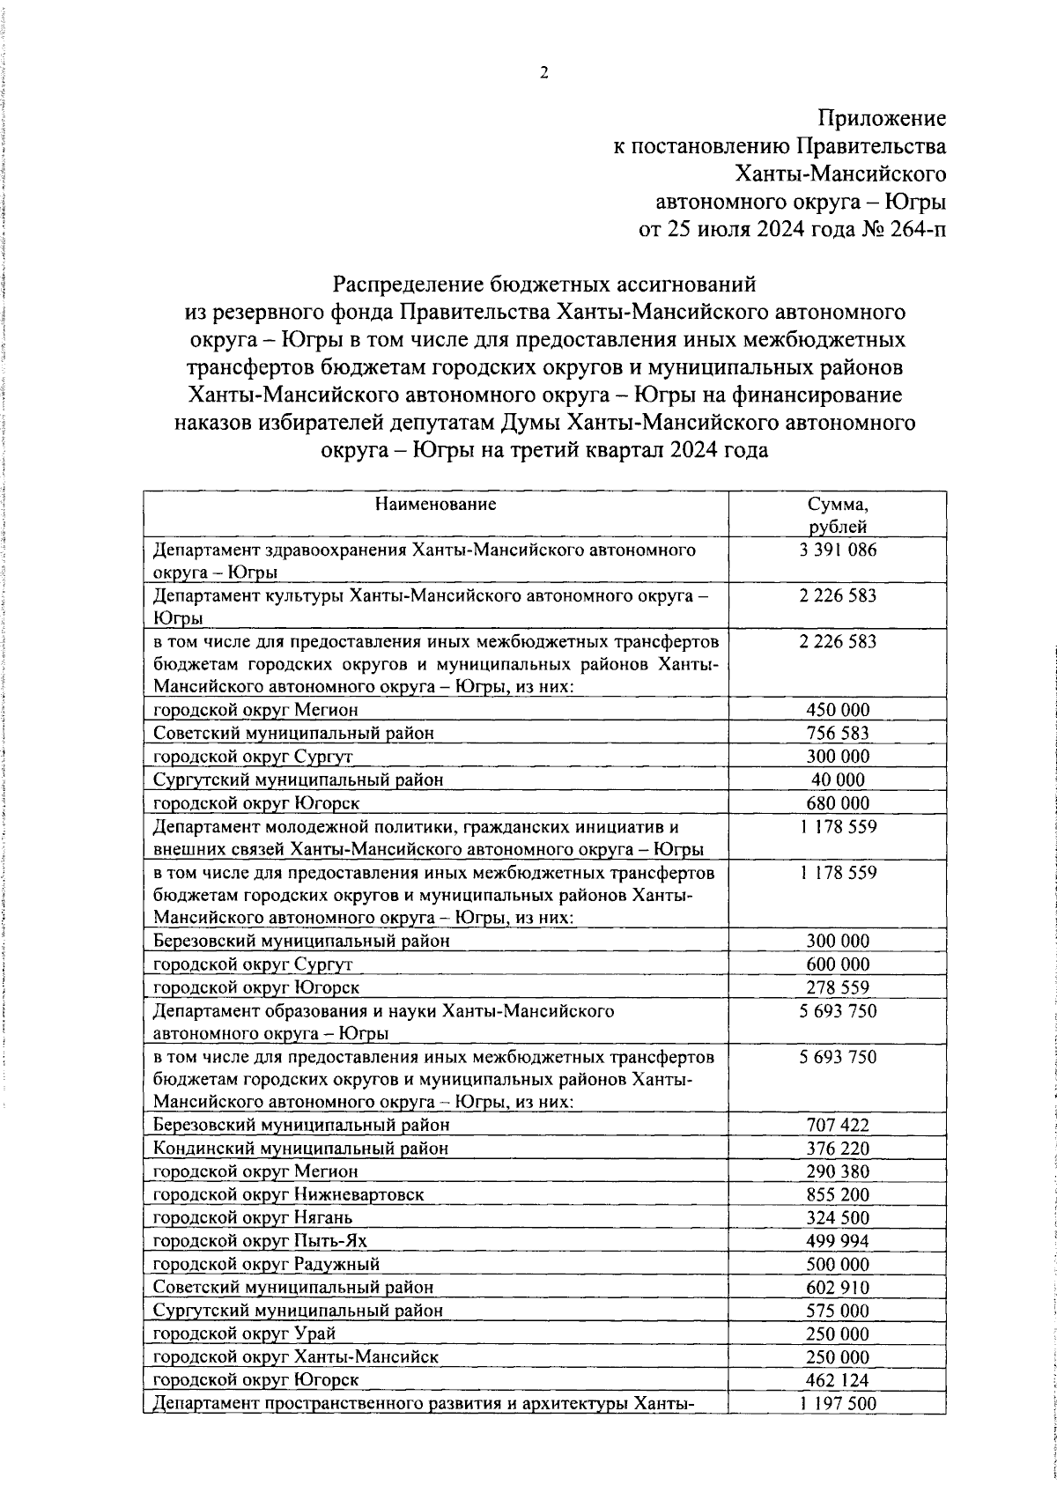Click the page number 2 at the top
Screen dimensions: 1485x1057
point(543,73)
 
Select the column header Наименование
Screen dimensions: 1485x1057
point(435,505)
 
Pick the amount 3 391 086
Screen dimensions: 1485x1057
point(838,550)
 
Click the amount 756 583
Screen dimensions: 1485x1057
point(838,733)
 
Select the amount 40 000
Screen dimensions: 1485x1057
point(838,779)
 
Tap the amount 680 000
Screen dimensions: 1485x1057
point(838,802)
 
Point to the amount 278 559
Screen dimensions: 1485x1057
point(838,987)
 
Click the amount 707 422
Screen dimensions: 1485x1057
point(838,1126)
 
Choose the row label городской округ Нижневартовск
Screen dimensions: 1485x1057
point(288,1195)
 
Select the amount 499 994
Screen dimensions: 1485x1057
point(838,1241)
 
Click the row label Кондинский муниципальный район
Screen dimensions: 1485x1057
point(300,1149)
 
